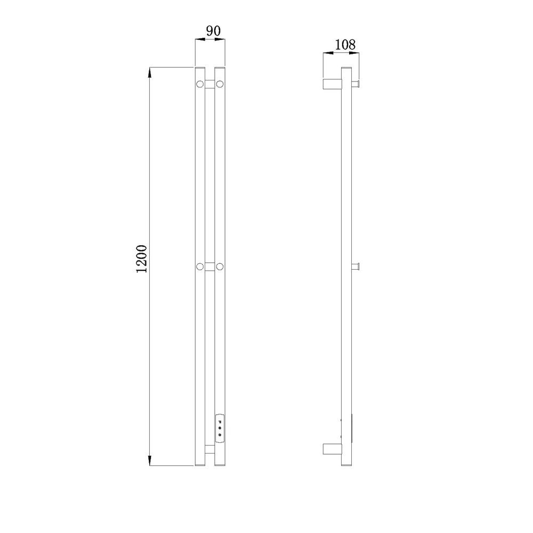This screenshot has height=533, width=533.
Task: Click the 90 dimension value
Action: pos(214,31)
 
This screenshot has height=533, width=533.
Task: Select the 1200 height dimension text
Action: pos(141,259)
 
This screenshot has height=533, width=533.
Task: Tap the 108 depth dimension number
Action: pos(345,45)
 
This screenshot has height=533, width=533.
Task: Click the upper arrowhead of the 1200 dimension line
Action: pos(150,72)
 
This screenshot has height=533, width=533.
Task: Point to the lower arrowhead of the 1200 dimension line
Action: pos(150,460)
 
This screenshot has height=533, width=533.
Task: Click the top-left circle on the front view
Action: pos(200,84)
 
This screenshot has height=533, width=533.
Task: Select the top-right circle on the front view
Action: pos(220,84)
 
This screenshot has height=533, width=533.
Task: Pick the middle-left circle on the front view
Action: pos(200,266)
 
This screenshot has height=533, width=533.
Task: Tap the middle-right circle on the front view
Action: pos(220,266)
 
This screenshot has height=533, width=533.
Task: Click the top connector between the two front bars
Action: pos(209,84)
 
